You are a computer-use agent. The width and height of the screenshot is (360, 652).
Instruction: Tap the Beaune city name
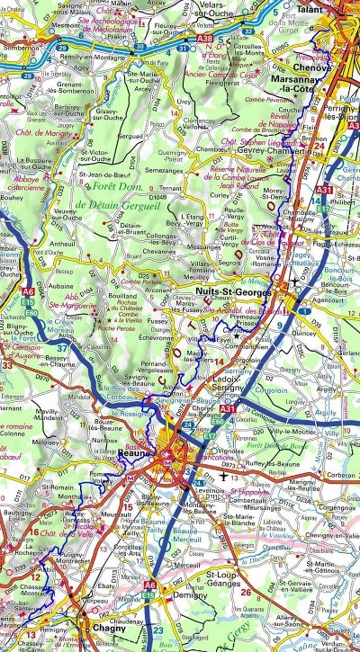point(132,457)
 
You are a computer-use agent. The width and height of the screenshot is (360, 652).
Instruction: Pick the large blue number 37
point(61,347)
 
